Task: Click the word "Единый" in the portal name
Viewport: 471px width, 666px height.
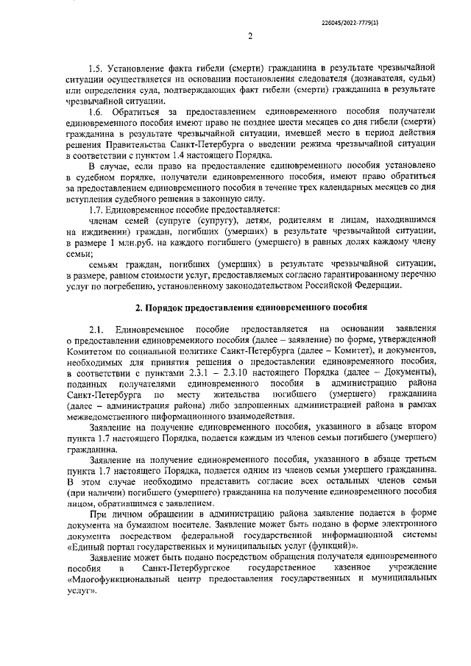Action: (x=89, y=548)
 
